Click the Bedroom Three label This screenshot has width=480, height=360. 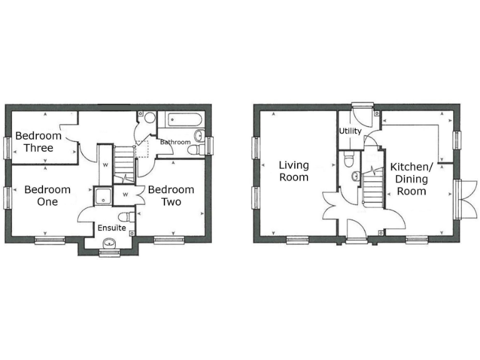point(38,142)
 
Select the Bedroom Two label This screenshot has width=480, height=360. point(171,196)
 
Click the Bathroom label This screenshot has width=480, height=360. point(175,142)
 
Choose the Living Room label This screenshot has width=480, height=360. point(294,171)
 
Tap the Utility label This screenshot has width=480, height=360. point(350,131)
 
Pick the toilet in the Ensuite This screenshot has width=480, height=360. point(126,216)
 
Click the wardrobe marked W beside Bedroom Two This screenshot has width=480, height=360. point(126,194)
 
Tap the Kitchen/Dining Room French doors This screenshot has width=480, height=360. point(461,199)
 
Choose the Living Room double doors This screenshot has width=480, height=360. point(331,206)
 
